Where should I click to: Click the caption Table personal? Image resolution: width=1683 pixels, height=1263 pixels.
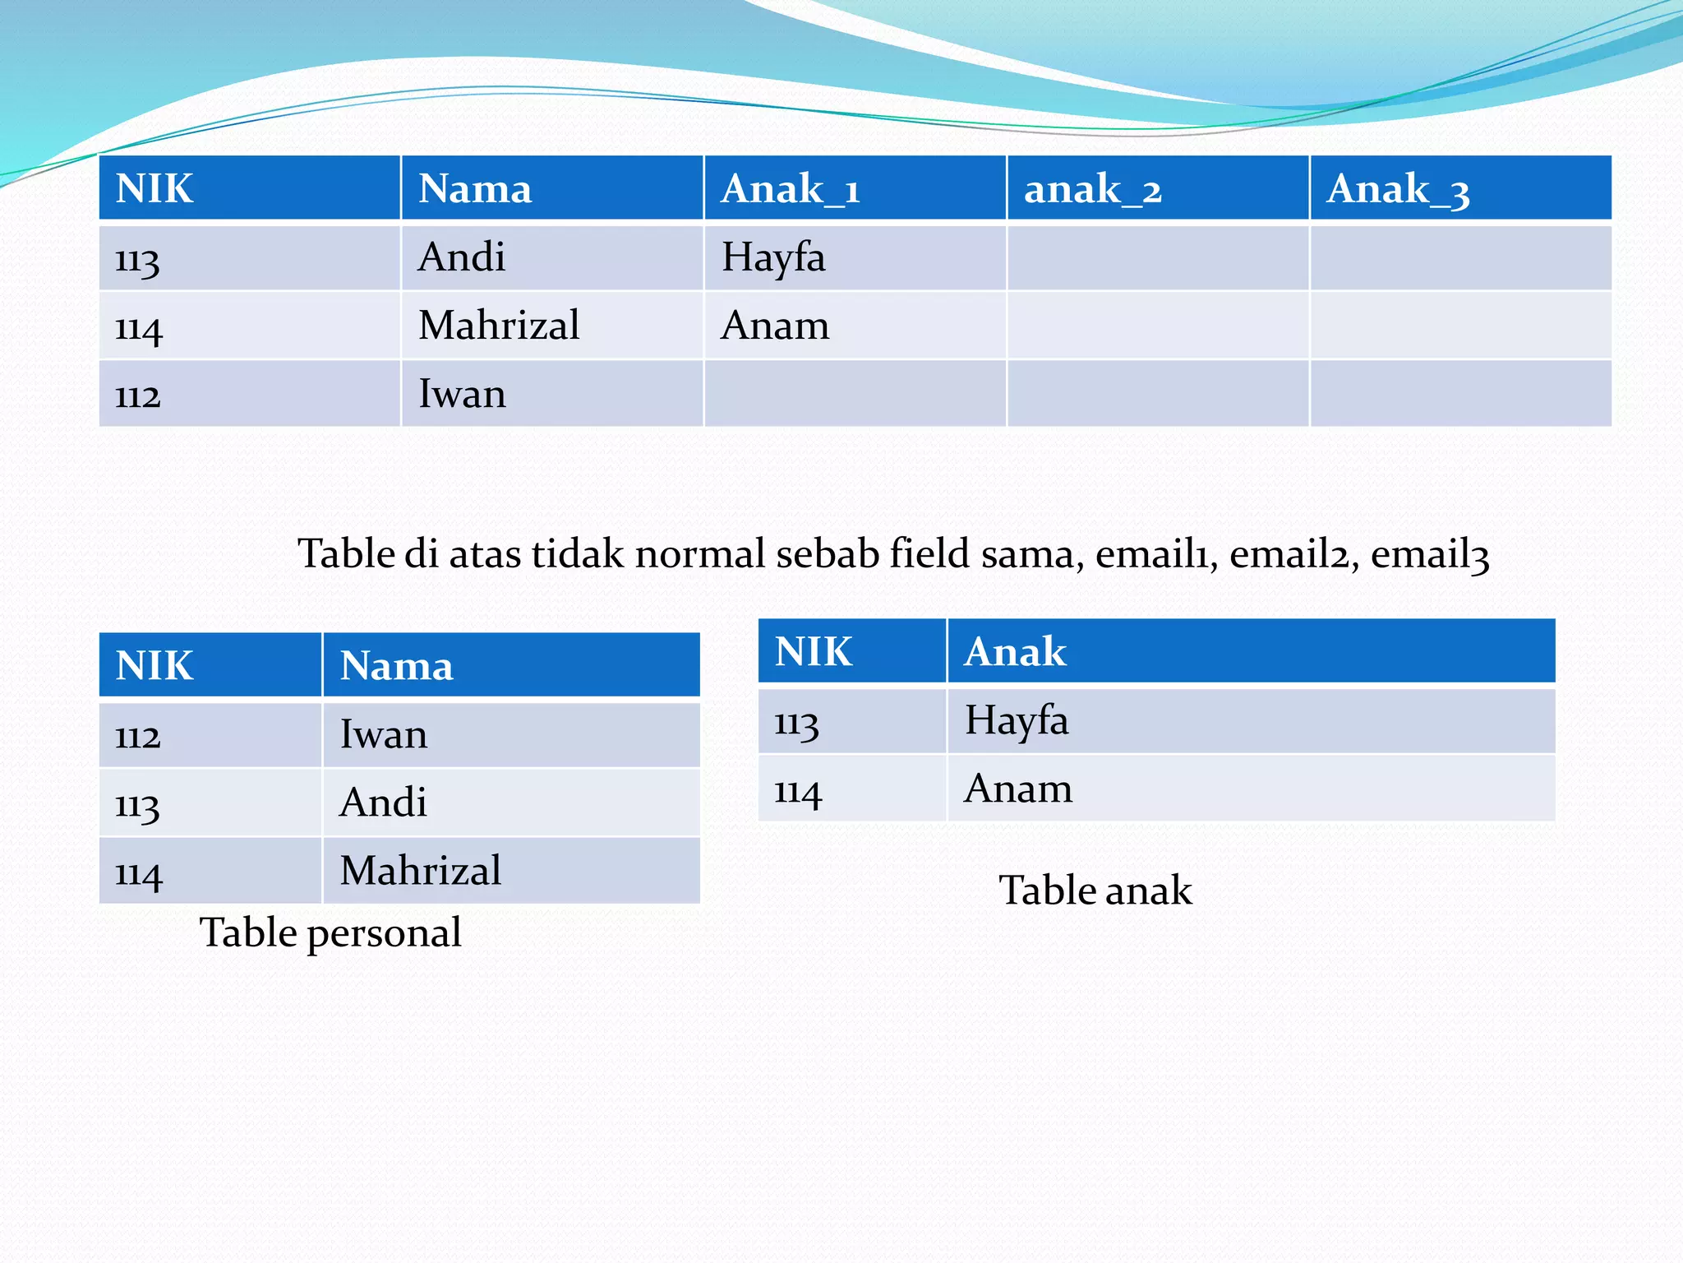[x=330, y=932]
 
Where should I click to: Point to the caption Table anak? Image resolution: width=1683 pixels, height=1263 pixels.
[x=1095, y=891]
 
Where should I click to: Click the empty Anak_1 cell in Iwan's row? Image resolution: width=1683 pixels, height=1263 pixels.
[x=855, y=394]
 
